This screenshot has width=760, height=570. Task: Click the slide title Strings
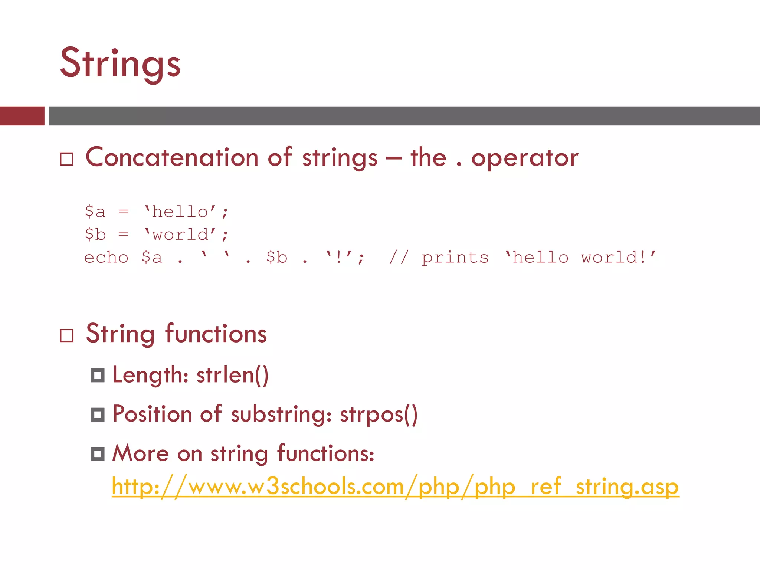pos(120,63)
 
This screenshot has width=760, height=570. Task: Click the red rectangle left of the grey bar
pos(22,116)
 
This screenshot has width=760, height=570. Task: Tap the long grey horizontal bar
pos(404,116)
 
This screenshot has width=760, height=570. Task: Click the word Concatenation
pos(172,157)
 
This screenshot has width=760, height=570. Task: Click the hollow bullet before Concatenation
pos(67,159)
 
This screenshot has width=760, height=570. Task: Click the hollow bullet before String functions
pos(67,335)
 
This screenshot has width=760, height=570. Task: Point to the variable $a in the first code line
pos(95,212)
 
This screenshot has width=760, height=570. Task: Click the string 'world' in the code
pos(180,235)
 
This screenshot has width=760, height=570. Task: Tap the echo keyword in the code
pos(107,258)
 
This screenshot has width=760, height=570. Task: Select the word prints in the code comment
pos(455,258)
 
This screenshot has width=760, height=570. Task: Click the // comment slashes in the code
pos(399,257)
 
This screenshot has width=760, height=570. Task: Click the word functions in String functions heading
pos(216,334)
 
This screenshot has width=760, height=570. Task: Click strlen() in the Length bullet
pos(232,375)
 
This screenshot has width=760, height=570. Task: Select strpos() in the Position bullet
pos(379,414)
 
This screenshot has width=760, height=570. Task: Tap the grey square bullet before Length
pos(98,376)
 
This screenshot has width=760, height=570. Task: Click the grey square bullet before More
pos(98,454)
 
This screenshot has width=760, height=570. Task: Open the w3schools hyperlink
pos(395,487)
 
